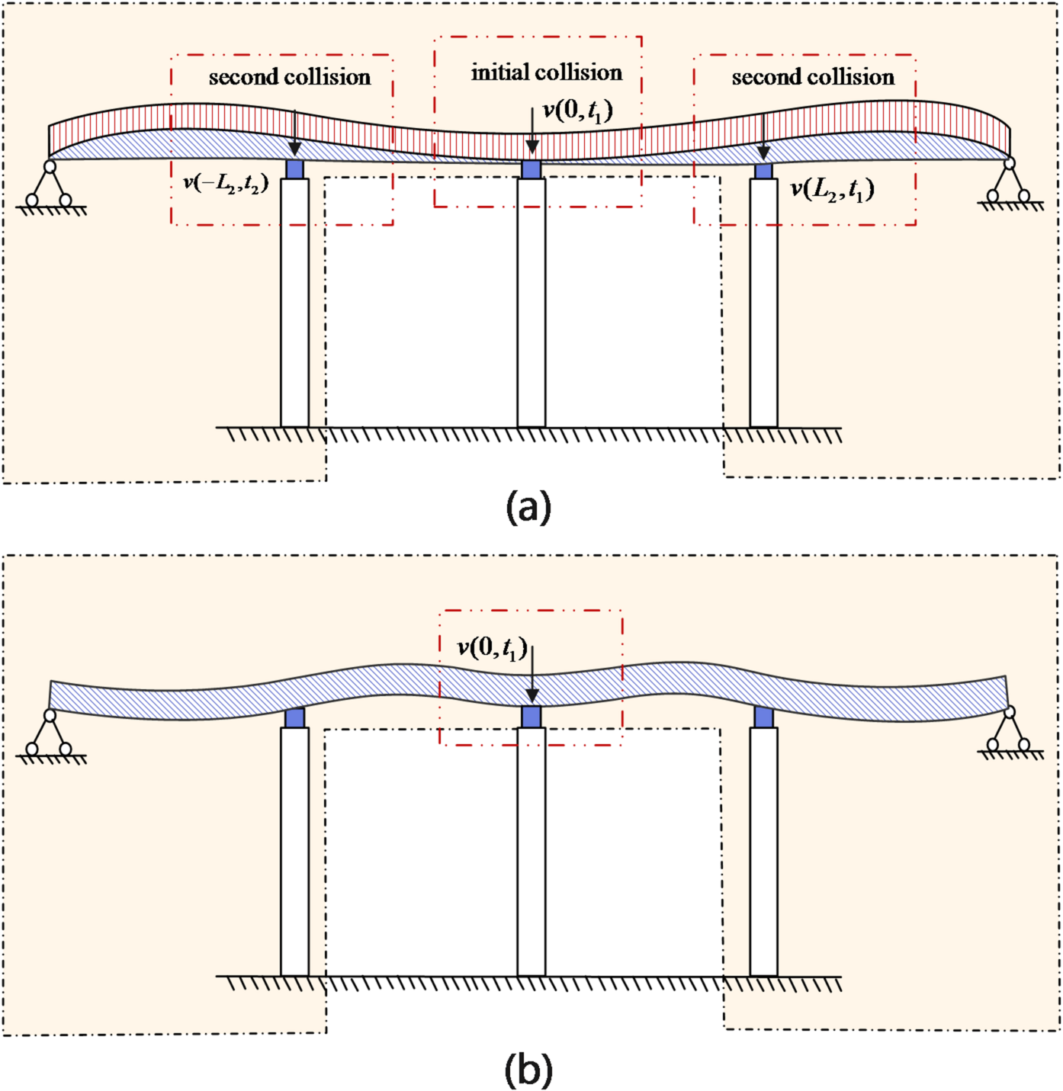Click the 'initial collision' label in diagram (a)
pyautogui.click(x=546, y=72)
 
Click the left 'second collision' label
pyautogui.click(x=289, y=77)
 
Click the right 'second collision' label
pyautogui.click(x=813, y=77)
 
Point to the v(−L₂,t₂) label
pyautogui.click(x=226, y=183)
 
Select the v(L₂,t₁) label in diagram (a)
pyautogui.click(x=832, y=188)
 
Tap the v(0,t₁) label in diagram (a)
pyautogui.click(x=577, y=111)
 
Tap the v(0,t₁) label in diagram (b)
pyautogui.click(x=492, y=649)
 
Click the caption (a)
pyautogui.click(x=528, y=506)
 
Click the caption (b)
pyautogui.click(x=528, y=1070)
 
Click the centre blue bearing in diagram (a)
pyautogui.click(x=531, y=169)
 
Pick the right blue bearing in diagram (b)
pyautogui.click(x=763, y=717)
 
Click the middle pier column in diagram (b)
pyautogui.click(x=531, y=851)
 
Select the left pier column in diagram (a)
pyautogui.click(x=294, y=302)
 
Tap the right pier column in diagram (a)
pyautogui.click(x=763, y=302)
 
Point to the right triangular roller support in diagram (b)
pyautogui.click(x=1009, y=732)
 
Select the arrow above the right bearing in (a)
pyautogui.click(x=763, y=137)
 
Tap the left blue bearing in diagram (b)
pyautogui.click(x=294, y=717)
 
